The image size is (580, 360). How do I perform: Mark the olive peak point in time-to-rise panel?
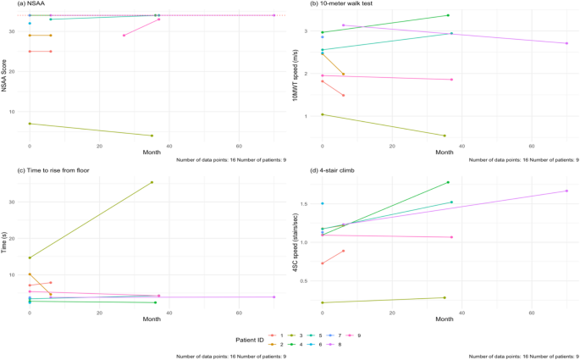(152, 182)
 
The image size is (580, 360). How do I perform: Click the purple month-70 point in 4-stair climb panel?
(566, 191)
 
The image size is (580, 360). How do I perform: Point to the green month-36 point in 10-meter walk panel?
(448, 15)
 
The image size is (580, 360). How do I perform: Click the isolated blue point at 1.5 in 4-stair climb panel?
(323, 203)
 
